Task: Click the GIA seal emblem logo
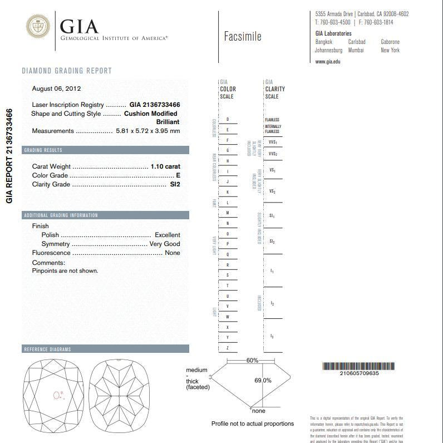38,27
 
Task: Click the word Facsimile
242,37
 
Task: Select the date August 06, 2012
57,88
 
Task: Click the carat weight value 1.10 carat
165,166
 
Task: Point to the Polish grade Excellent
167,235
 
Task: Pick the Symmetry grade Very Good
165,244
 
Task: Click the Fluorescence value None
172,253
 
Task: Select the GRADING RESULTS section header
43,150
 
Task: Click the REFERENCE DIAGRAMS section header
47,350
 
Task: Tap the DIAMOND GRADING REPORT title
67,71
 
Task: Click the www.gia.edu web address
328,61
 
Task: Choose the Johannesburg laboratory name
328,50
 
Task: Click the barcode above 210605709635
359,366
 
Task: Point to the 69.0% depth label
263,381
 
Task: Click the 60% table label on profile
252,361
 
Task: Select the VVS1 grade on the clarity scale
273,142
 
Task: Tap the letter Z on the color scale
228,348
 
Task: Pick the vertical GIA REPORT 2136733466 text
9,156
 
